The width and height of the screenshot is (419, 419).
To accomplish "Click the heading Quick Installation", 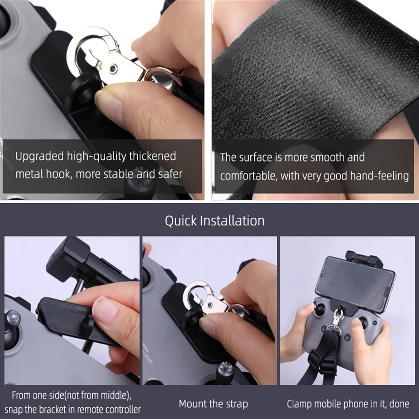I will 214,220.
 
